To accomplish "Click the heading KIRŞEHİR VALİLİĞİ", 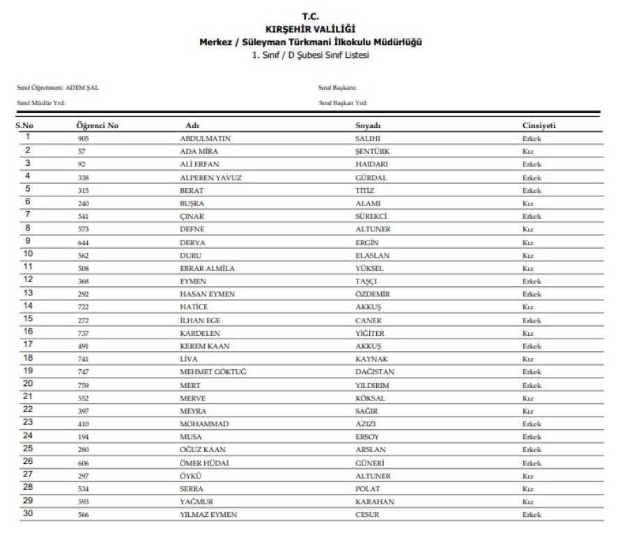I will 310,29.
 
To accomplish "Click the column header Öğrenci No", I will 97,125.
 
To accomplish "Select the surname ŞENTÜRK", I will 372,151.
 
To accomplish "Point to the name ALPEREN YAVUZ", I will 210,178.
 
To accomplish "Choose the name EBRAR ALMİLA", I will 207,268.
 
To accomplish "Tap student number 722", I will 84,307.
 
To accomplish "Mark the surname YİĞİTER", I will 370,333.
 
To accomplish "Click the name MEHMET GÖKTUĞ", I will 213,372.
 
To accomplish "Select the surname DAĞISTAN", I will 375,372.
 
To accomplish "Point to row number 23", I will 28,423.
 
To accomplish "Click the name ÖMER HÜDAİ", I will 205,463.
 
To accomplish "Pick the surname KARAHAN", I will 374,502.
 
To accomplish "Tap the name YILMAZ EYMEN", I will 208,515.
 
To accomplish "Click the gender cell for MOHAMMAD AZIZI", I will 531,424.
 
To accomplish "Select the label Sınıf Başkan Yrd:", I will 343,103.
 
